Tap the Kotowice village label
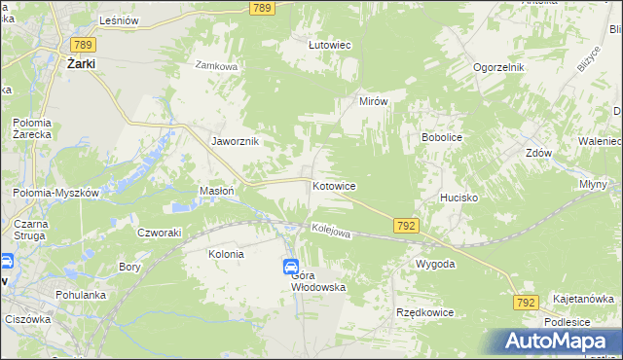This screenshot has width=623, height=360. [x=333, y=186]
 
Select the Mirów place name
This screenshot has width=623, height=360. [x=374, y=101]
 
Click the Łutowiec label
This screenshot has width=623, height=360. [x=329, y=45]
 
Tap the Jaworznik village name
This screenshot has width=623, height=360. [x=235, y=141]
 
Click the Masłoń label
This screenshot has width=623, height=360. [x=216, y=192]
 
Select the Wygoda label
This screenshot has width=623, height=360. [x=435, y=264]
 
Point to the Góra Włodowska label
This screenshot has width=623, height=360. [x=318, y=281]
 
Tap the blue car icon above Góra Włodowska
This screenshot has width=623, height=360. [x=292, y=267]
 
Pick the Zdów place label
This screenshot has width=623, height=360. [x=538, y=154]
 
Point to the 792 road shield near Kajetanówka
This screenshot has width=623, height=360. [x=525, y=304]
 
